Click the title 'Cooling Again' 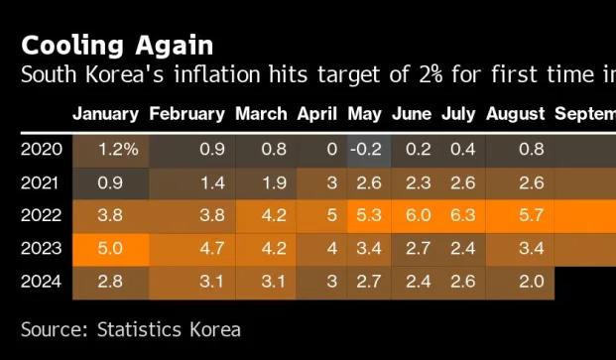point(117,46)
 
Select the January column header point(106,114)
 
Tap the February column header point(187,114)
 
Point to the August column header point(515,114)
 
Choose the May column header point(365,114)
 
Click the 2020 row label point(42,150)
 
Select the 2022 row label point(42,215)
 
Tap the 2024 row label point(42,282)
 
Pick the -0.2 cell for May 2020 point(366,150)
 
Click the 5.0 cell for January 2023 point(110,249)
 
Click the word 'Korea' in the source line point(215,330)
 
